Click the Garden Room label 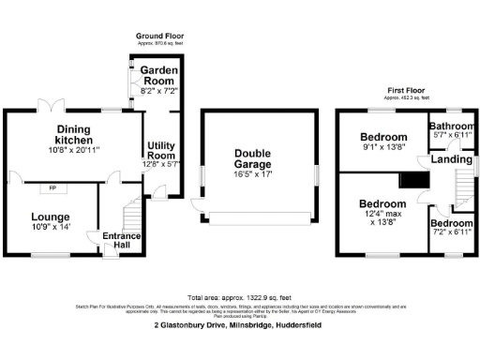[158, 70]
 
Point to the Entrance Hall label [122, 240]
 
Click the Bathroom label [452, 126]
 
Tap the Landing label [451, 159]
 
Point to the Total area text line [239, 296]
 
